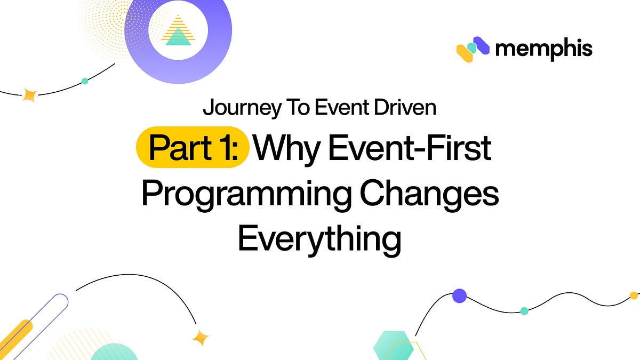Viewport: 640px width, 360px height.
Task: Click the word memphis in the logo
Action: [x=543, y=49]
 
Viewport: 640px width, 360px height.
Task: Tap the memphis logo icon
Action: [x=473, y=49]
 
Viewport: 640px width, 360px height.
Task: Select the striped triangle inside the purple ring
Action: [x=178, y=30]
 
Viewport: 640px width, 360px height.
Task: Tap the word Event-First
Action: [x=409, y=148]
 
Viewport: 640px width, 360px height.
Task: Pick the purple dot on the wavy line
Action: [x=459, y=296]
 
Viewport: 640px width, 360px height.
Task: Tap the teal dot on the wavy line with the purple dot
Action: [x=524, y=310]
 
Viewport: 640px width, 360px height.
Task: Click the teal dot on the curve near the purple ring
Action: [x=84, y=81]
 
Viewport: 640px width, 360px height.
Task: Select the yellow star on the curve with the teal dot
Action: [x=30, y=95]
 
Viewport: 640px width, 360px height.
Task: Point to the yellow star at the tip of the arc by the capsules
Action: [x=201, y=337]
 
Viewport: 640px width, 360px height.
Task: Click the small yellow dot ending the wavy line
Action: [x=634, y=295]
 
